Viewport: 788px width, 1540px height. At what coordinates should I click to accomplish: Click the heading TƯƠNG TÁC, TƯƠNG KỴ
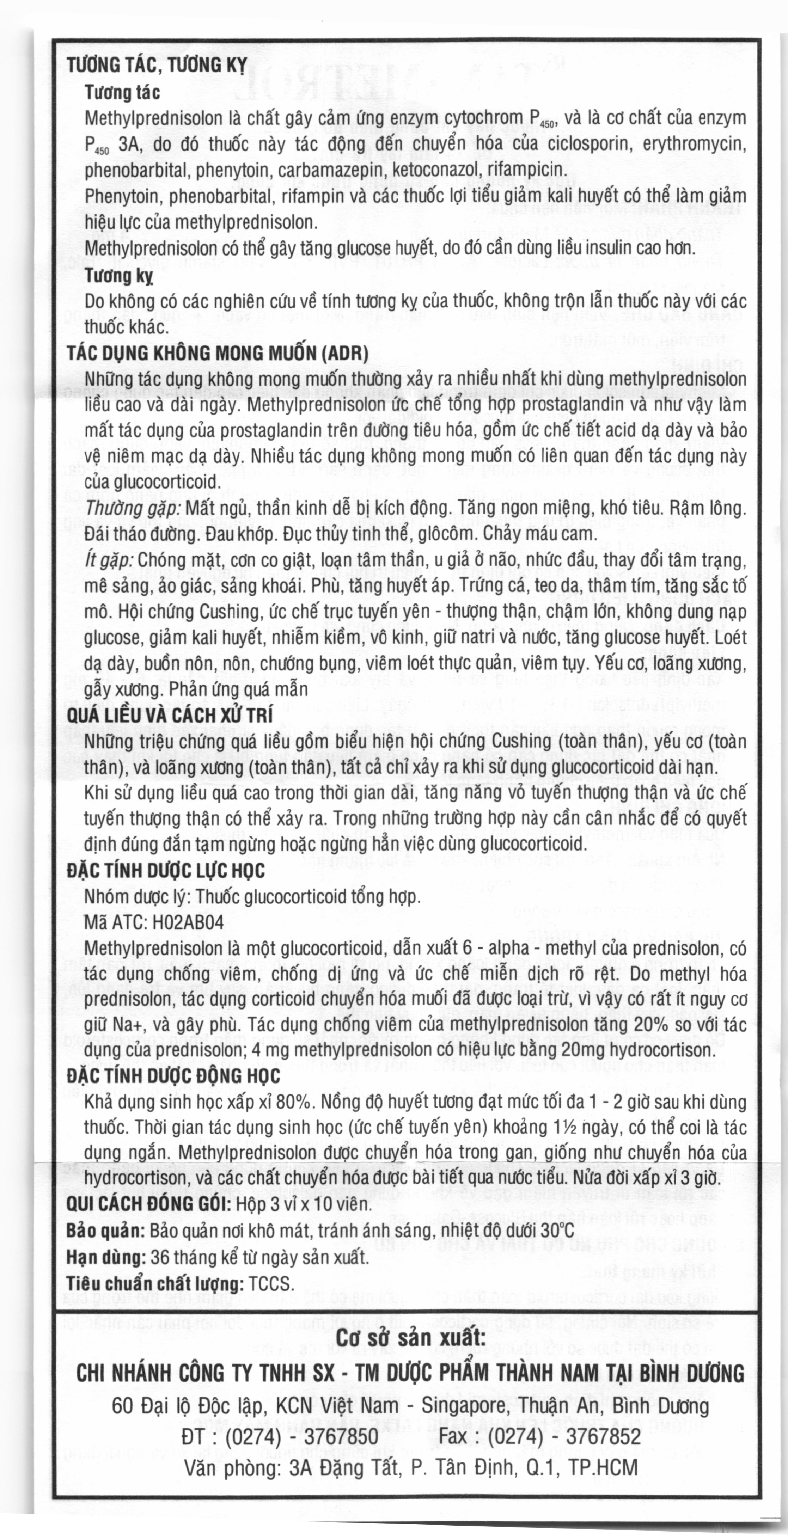[x=157, y=65]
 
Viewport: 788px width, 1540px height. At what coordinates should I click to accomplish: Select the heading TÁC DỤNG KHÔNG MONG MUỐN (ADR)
[x=217, y=353]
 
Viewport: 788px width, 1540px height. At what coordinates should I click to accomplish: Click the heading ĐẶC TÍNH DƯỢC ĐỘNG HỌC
[x=173, y=1076]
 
